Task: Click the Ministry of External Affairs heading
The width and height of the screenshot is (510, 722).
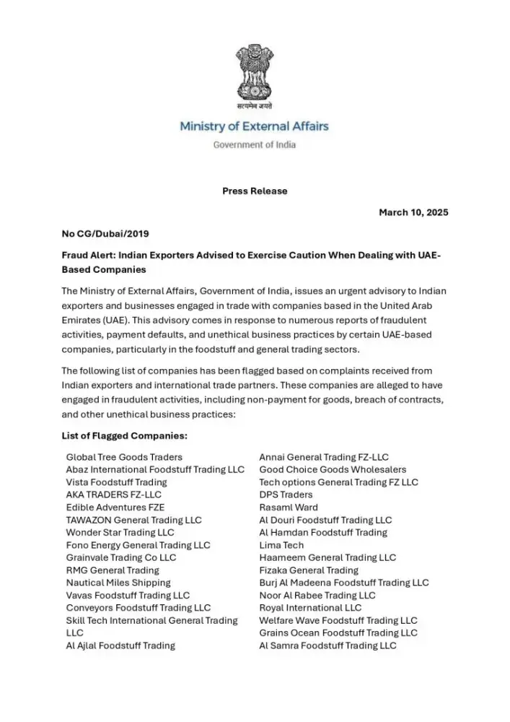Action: [254, 126]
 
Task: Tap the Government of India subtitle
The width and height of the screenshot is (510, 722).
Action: [254, 144]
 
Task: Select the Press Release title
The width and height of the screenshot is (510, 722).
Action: [254, 191]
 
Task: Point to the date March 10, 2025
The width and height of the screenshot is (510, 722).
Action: [413, 212]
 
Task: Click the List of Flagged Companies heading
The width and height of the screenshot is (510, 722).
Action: [125, 435]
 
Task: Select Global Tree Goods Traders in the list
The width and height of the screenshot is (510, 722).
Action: [124, 457]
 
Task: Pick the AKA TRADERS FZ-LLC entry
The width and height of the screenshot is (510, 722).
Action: [113, 495]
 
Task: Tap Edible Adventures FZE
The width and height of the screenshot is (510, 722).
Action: [115, 508]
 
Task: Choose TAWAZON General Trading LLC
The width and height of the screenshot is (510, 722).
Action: [133, 520]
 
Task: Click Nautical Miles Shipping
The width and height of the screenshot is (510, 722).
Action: [118, 583]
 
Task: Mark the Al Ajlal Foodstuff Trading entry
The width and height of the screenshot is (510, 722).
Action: [120, 645]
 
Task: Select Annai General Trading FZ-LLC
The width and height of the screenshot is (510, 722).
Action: [324, 457]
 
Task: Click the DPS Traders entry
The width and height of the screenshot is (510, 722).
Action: [286, 495]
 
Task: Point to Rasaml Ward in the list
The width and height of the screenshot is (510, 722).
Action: [288, 508]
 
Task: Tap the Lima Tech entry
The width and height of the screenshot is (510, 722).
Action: [281, 545]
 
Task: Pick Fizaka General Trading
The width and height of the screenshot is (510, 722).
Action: [309, 570]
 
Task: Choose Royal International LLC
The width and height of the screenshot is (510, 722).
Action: [310, 608]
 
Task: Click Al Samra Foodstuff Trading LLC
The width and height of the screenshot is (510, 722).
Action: [327, 645]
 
